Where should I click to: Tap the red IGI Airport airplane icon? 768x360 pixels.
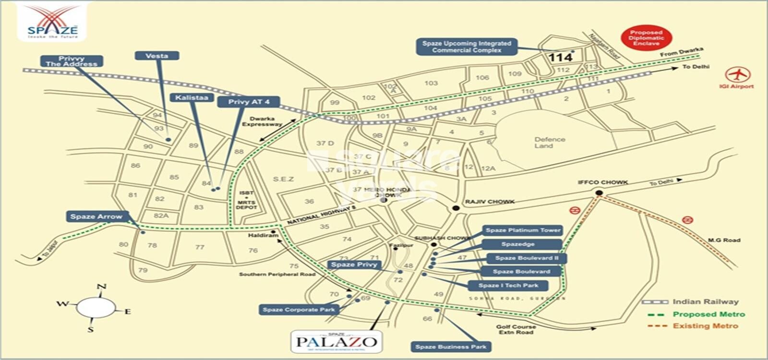tap(738, 75)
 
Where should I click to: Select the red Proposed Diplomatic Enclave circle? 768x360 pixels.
tap(646, 38)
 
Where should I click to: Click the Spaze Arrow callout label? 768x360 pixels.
tap(96, 216)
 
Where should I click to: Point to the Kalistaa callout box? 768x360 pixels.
tap(192, 97)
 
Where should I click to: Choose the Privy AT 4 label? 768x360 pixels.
tap(249, 102)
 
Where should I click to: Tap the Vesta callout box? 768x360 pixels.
tap(157, 56)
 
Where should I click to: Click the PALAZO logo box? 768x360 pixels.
tap(336, 342)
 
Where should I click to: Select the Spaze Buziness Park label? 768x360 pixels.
tap(451, 347)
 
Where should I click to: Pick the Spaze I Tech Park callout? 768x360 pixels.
tap(508, 285)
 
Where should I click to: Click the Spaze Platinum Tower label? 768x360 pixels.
tap(523, 230)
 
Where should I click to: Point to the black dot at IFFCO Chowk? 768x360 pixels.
tap(599, 193)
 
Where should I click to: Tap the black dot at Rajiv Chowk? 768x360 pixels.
tap(456, 208)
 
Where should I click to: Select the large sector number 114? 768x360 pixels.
tap(560, 58)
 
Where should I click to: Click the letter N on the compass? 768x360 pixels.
tap(101, 287)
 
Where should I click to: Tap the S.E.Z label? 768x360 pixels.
tap(283, 179)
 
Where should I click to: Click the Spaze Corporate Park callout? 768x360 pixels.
tap(299, 310)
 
